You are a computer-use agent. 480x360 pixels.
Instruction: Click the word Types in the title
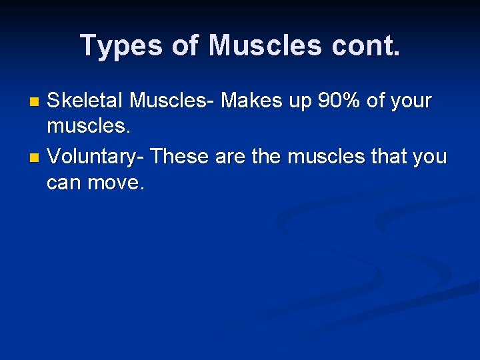119,46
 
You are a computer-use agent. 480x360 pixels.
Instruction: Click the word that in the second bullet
389,157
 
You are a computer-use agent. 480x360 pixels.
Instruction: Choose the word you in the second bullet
431,158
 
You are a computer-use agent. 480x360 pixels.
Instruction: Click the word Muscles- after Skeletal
173,101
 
